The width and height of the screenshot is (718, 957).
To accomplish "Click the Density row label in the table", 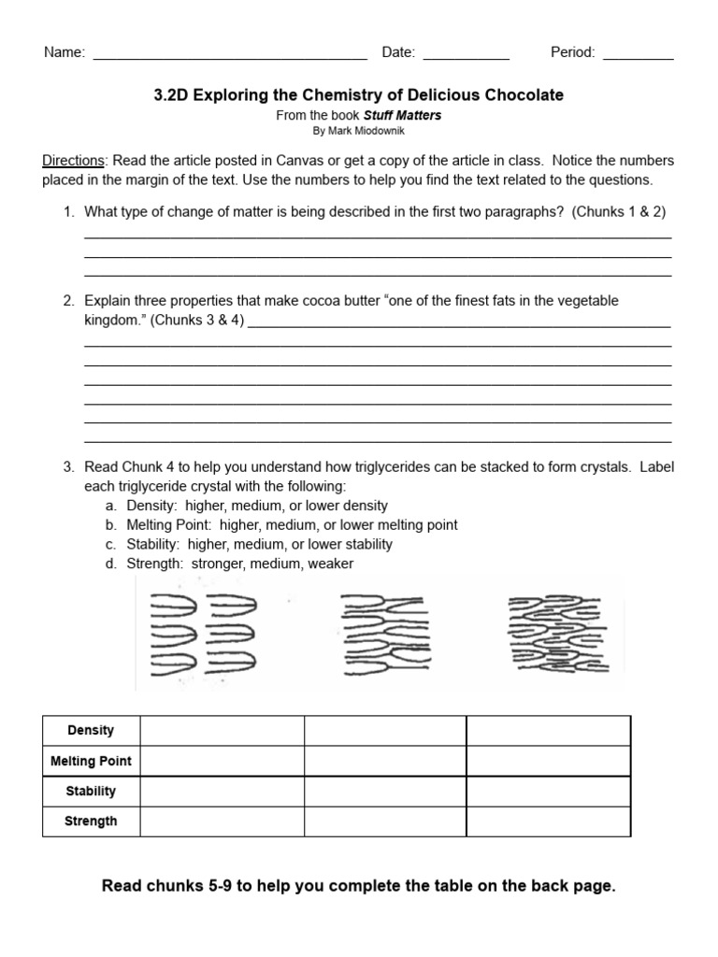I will pos(91,731).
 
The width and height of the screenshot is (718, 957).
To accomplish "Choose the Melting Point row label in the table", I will pos(91,761).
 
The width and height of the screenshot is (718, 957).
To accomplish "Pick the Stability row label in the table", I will pos(91,791).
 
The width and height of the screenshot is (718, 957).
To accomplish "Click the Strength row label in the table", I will pos(91,821).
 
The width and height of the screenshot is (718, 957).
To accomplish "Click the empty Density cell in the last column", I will pos(548,731).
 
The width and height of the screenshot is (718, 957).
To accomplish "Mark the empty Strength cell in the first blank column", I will pos(222,821).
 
